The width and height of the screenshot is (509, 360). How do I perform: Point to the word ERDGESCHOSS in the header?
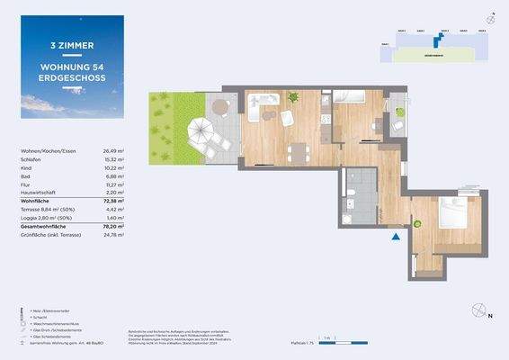coord(74,78)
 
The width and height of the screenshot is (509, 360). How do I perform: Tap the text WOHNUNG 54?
coord(74,66)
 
